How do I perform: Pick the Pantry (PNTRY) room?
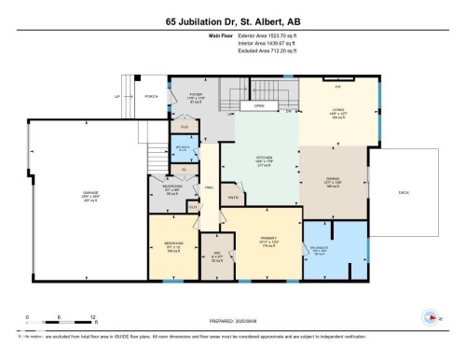point(233,197)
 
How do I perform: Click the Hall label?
point(209,187)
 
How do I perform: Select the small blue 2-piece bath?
point(184,145)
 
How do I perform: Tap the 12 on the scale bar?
point(91,317)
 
